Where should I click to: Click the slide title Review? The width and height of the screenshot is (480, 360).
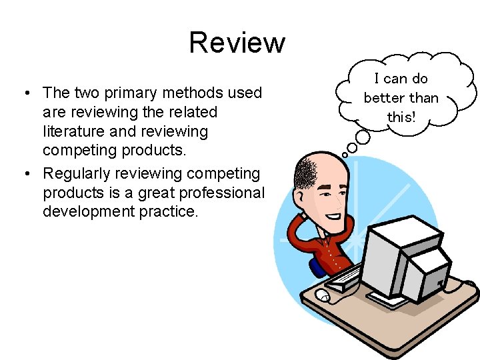tap(237, 43)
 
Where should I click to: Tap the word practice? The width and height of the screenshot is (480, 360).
tap(165, 212)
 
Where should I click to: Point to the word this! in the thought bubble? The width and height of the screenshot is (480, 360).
tap(401, 117)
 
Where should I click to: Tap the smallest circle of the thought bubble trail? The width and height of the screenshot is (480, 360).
tap(345, 155)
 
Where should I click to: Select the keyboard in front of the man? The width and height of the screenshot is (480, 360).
tap(343, 278)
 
